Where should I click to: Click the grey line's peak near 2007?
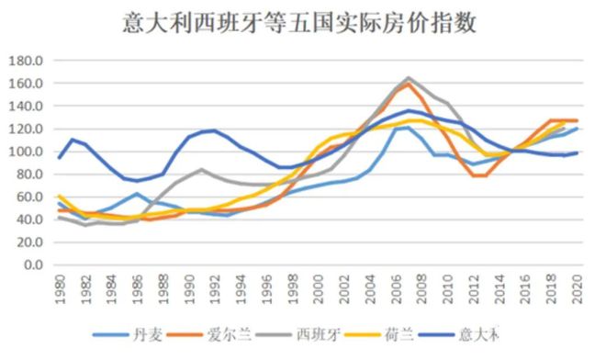click(x=408, y=78)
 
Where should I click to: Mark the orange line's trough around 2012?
click(x=477, y=175)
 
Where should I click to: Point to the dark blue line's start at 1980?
click(x=59, y=158)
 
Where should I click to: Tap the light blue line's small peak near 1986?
click(x=136, y=194)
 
